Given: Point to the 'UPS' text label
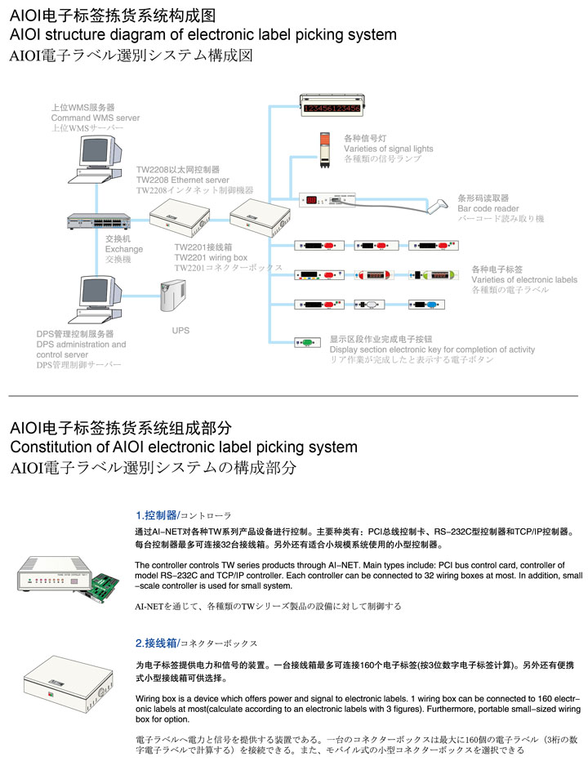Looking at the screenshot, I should (180, 331).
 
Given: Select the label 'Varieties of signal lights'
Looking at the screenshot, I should (388, 149).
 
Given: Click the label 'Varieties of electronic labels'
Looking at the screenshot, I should (523, 279).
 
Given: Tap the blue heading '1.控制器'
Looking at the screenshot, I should (156, 515).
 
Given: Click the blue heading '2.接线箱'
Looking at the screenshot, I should (156, 643).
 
